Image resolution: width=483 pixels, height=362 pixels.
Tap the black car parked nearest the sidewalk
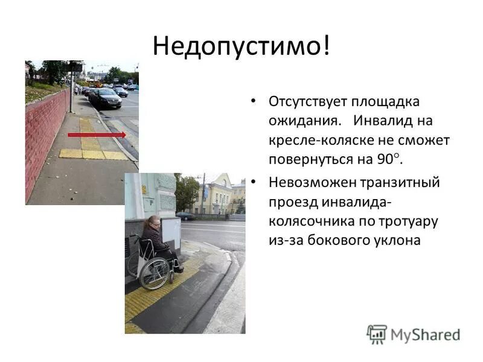coord(106,98)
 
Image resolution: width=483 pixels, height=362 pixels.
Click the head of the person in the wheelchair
coord(153,223)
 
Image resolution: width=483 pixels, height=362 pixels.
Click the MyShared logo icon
coord(377,334)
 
